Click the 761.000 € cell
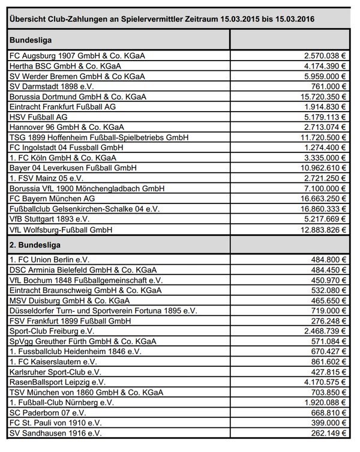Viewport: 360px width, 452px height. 326,86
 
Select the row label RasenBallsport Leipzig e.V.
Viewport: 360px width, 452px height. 58,382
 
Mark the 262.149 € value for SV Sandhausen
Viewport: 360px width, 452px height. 326,433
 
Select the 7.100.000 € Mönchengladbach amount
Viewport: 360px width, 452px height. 323,188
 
